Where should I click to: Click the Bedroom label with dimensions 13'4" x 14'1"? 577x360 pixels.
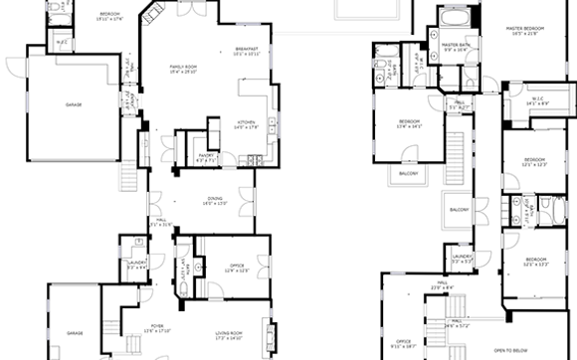tap(410, 124)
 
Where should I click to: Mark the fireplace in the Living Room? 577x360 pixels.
tap(266, 331)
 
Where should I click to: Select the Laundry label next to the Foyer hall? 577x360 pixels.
tap(137, 265)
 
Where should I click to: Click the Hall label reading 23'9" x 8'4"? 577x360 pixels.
tap(441, 286)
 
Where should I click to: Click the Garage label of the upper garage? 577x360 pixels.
tap(73, 104)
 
